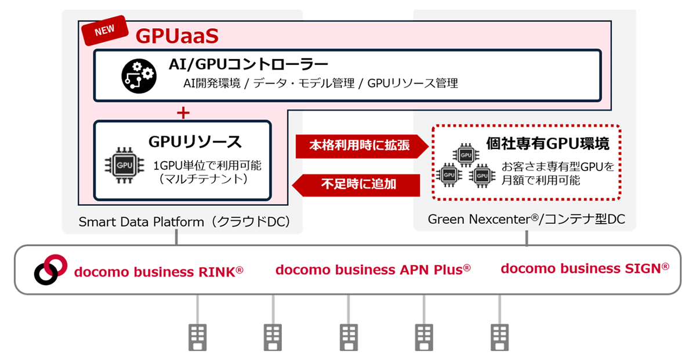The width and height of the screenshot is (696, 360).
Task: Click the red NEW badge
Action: [x=105, y=31]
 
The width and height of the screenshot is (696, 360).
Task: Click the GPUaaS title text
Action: [x=177, y=36]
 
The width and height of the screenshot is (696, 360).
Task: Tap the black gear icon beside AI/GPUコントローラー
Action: [x=139, y=76]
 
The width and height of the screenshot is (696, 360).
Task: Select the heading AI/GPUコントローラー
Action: [x=248, y=64]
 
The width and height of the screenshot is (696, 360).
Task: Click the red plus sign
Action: [x=183, y=112]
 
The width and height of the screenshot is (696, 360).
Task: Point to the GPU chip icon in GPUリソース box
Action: [x=125, y=165]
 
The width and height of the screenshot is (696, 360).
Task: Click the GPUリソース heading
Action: [x=195, y=141]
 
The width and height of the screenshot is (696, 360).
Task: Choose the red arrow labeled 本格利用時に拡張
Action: [x=362, y=146]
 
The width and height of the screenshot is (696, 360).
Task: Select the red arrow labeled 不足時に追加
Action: [x=356, y=185]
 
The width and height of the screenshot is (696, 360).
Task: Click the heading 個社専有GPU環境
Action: [x=548, y=144]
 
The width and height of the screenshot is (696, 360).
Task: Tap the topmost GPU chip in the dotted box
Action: [x=466, y=155]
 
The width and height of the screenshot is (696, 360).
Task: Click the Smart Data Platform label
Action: [x=184, y=222]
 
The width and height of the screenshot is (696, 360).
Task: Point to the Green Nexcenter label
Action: [x=527, y=219]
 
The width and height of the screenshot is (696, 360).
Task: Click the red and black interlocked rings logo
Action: [x=50, y=270]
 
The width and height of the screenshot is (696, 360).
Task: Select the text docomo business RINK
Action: [x=158, y=272]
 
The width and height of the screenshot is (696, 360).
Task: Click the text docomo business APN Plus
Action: [x=373, y=270]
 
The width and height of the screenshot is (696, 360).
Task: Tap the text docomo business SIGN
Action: [x=585, y=268]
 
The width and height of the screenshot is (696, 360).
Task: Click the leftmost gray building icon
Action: [x=198, y=337]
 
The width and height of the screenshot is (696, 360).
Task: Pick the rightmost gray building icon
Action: [x=499, y=337]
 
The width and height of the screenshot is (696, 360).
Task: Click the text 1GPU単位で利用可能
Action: [x=207, y=166]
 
